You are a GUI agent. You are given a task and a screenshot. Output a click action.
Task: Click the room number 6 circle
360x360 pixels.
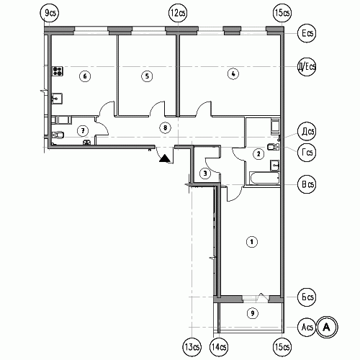click(x=85, y=76)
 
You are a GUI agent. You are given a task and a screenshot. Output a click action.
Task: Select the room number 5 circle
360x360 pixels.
click(x=147, y=76)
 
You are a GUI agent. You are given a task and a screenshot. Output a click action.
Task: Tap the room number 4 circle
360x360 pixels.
click(x=233, y=73)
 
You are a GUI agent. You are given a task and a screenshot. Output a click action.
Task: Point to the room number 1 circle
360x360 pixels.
click(x=252, y=242)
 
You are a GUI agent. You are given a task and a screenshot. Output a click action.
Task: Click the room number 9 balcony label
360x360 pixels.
click(x=253, y=313)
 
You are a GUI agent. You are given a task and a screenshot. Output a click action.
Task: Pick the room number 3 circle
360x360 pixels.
click(x=205, y=174)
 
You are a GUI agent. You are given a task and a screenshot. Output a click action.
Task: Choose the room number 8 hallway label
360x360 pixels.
click(x=165, y=127)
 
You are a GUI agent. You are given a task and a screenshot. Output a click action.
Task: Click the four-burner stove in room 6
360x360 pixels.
click(x=58, y=71)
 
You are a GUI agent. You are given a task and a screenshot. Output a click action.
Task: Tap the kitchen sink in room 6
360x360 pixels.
click(x=57, y=99)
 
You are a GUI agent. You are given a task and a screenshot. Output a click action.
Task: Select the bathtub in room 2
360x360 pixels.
click(x=264, y=178)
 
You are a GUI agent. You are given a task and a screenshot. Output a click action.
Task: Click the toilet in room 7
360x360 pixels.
click(x=58, y=135)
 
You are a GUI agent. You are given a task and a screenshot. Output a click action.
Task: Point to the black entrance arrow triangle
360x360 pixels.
click(x=165, y=158)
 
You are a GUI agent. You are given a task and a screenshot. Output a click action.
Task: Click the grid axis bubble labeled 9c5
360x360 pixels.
click(x=49, y=13)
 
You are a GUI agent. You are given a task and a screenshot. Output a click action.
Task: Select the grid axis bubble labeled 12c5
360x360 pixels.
click(x=178, y=13)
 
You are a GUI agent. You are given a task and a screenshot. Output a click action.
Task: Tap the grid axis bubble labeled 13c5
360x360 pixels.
click(x=192, y=347)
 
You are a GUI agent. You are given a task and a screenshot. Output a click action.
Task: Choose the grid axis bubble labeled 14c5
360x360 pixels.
click(x=219, y=347)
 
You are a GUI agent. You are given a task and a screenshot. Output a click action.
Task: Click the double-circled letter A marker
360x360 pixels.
click(x=327, y=327)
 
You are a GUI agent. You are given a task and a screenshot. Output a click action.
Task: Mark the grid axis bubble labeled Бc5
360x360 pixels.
click(x=307, y=297)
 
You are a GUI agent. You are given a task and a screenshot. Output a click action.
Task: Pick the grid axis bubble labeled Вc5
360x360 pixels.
click(x=307, y=184)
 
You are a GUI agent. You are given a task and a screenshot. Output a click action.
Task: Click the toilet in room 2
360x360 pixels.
click(x=273, y=147)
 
